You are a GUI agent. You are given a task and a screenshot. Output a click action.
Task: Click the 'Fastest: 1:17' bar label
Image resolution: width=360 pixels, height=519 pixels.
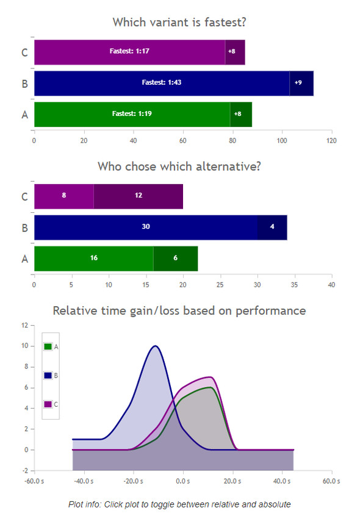tap(129, 51)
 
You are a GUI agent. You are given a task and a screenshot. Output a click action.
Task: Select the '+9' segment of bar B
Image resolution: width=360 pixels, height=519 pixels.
tap(301, 84)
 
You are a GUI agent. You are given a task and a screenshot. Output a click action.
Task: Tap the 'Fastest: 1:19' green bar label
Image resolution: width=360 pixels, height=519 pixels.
tap(132, 113)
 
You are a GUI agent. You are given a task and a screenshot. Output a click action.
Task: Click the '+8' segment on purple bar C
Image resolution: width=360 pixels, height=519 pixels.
tap(235, 52)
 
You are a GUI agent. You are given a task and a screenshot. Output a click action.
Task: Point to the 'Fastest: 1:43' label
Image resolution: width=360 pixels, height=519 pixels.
tap(162, 82)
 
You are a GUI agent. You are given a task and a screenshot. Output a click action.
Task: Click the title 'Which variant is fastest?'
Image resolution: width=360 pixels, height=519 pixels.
tap(179, 22)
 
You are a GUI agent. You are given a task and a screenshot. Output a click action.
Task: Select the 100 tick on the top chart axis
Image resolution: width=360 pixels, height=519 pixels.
tap(282, 141)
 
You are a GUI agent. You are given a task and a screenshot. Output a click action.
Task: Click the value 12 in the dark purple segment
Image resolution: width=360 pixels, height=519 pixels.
tap(139, 195)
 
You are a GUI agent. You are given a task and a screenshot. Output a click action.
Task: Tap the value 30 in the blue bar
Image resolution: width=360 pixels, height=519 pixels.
tap(146, 226)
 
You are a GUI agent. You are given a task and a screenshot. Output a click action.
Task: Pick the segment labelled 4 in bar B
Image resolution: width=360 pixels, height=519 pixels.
tap(272, 227)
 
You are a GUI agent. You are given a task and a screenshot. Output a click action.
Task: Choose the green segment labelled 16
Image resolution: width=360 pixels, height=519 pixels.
tap(94, 259)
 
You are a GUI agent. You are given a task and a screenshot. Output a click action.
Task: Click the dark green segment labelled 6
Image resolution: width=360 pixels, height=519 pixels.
tap(176, 259)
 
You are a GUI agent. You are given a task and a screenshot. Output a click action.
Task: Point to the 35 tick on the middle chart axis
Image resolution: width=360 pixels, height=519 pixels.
tap(294, 285)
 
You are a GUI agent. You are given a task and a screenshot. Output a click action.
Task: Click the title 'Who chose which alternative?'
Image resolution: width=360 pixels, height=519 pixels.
tap(179, 166)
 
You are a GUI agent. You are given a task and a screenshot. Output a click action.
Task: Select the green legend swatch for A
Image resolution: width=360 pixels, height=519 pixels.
tap(48, 346)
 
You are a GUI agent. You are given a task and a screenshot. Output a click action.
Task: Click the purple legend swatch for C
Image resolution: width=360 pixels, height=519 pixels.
tap(48, 404)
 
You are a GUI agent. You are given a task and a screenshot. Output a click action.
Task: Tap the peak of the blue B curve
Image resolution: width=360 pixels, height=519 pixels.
tap(156, 346)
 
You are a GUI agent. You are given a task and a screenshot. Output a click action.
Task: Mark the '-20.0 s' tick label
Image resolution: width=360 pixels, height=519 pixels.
tap(133, 481)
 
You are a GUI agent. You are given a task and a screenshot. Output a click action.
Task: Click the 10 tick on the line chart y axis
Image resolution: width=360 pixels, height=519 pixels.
tap(25, 346)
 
